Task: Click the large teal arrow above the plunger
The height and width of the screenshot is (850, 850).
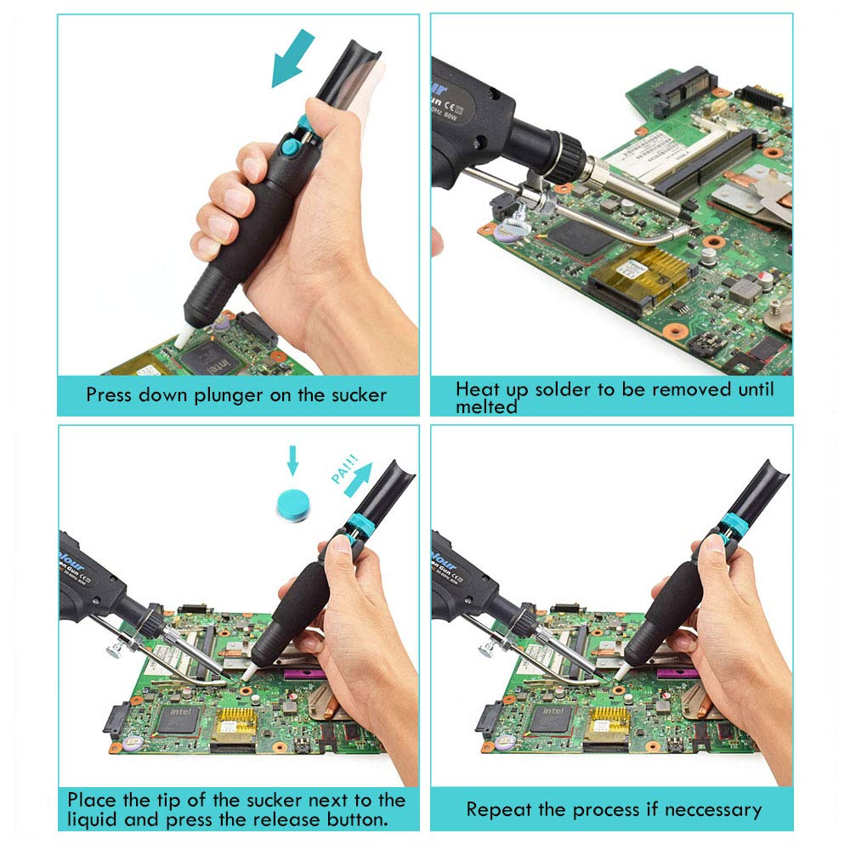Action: pyautogui.click(x=291, y=59)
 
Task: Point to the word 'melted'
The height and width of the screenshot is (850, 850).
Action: pyautogui.click(x=486, y=407)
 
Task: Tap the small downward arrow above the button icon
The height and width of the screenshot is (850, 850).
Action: pyautogui.click(x=293, y=458)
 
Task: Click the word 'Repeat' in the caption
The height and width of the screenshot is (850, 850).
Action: pyautogui.click(x=496, y=809)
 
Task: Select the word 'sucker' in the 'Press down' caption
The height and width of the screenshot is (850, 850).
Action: pyautogui.click(x=350, y=395)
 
